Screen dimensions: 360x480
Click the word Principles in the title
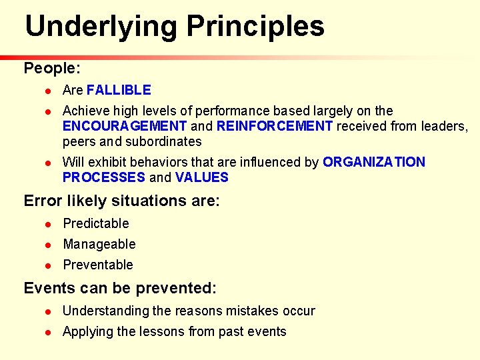[x=255, y=27]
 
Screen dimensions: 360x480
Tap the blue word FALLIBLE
[x=119, y=90]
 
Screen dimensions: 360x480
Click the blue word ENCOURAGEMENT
[x=125, y=126]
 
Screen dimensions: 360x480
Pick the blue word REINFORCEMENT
[x=275, y=126]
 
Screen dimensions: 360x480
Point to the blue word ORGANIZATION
[x=374, y=162]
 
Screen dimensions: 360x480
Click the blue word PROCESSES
[x=103, y=177]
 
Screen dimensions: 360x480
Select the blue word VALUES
[x=202, y=177]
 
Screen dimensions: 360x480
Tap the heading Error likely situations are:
[x=121, y=201]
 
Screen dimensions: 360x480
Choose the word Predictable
[x=96, y=223]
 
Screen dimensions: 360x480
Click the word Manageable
[x=99, y=244]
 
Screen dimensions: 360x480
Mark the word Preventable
[x=98, y=265]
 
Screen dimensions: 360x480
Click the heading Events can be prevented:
[x=120, y=288]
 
